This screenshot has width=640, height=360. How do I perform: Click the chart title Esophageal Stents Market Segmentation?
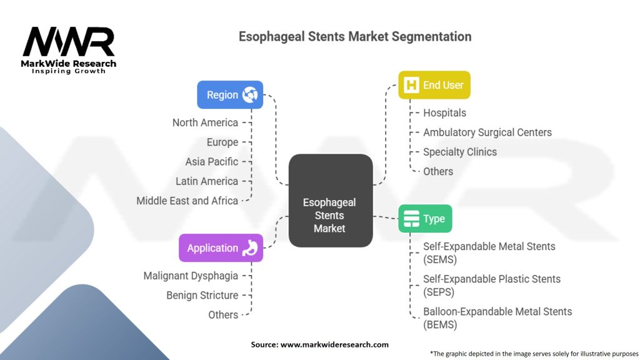click(x=355, y=36)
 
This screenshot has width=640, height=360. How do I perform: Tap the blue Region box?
click(x=230, y=95)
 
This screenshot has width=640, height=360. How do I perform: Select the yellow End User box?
click(x=434, y=85)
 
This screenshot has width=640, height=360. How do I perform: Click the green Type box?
click(x=425, y=219)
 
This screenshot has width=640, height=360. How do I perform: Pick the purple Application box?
click(x=221, y=247)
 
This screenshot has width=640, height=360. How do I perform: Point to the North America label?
click(x=205, y=122)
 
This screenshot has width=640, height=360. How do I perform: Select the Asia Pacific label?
click(x=212, y=161)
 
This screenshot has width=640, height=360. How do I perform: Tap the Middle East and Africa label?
click(x=187, y=201)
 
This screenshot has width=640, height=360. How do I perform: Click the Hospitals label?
click(x=444, y=113)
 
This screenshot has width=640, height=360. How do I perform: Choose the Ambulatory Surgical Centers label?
click(x=487, y=132)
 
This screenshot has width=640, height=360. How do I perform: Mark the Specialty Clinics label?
click(x=460, y=152)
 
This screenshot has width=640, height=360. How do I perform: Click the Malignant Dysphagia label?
click(x=191, y=276)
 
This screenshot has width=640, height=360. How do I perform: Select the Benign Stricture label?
click(x=202, y=295)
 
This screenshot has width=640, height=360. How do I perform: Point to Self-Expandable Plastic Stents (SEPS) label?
click(x=492, y=285)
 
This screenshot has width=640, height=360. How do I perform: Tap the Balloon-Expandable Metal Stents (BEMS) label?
click(x=497, y=317)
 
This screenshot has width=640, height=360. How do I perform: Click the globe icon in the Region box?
click(x=251, y=95)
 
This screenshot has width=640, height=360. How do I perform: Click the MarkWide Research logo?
click(x=69, y=50)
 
